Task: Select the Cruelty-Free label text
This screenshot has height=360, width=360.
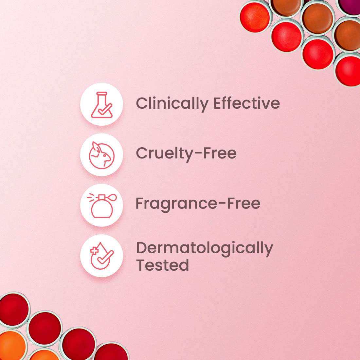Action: pos(186,153)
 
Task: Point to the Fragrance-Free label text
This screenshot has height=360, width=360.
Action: pos(198,203)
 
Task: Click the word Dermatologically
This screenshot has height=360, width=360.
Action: pos(204,249)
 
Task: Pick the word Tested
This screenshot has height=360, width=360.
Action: pos(162,265)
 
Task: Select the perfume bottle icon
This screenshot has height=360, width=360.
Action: pos(101,206)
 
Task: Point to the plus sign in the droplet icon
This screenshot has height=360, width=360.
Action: pos(94,251)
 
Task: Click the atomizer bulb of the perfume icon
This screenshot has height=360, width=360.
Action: pos(113,198)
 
